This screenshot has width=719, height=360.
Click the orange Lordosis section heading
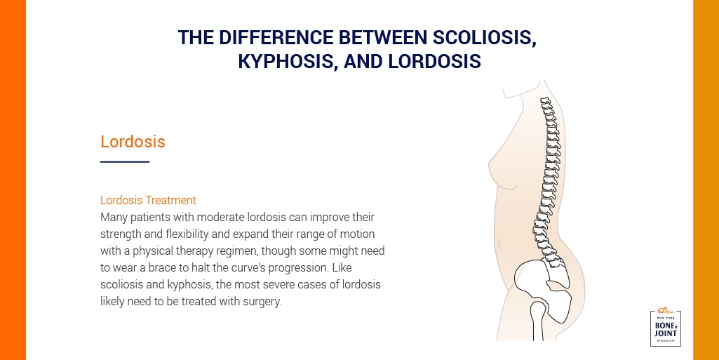coord(133,141)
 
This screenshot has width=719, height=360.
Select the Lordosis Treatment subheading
coord(148,200)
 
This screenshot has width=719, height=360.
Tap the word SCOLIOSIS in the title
coord(484,38)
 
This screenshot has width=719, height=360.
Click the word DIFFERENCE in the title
coord(276,38)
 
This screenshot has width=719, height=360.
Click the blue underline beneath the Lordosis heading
coord(125,161)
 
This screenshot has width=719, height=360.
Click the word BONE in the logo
coord(664,325)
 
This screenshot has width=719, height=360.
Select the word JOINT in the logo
coord(666,333)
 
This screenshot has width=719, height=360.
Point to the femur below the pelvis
coord(537,320)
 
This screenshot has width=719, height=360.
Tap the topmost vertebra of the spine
coord(545,100)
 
